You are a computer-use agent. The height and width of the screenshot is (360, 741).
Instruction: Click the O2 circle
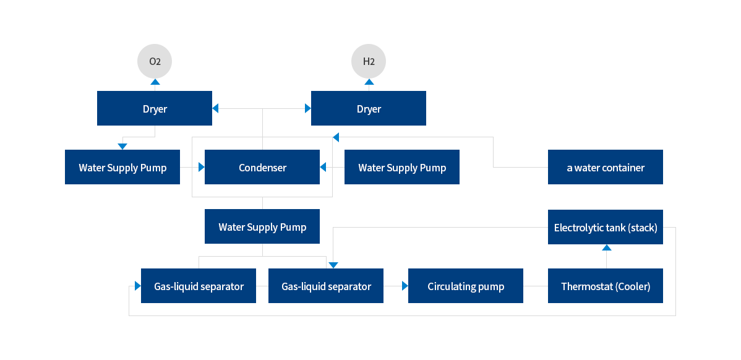155,61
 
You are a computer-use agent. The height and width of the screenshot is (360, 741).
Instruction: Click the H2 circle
369,61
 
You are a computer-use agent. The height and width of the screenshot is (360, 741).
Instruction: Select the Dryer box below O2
155,109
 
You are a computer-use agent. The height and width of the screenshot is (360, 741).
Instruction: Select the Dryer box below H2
369,109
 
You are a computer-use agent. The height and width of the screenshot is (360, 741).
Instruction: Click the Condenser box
262,168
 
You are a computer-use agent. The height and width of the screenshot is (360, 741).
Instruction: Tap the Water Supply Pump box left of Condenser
122,168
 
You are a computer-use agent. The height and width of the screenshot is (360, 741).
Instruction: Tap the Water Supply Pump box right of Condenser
402,168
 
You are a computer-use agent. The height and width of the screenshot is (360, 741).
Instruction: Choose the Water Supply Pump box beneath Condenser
262,227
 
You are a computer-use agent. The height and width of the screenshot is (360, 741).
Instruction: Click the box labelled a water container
606,168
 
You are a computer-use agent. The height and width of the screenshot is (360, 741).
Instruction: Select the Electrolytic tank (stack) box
606,227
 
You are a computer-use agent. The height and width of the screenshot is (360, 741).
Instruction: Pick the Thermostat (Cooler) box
606,286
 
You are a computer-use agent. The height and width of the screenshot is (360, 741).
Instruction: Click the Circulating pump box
466,286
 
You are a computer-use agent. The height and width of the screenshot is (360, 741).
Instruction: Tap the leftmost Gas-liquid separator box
199,286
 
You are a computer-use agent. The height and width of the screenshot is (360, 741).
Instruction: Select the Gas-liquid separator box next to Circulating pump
326,286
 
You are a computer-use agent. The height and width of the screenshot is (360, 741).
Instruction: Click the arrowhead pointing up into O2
155,82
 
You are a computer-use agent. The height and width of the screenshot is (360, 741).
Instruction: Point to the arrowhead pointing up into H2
369,82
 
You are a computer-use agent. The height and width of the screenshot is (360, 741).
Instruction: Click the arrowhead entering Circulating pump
405,286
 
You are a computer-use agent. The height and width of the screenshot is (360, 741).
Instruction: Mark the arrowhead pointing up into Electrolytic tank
606,247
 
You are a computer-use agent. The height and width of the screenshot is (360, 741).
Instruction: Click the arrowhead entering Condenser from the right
323,167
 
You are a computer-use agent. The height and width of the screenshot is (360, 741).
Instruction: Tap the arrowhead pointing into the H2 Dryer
307,109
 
